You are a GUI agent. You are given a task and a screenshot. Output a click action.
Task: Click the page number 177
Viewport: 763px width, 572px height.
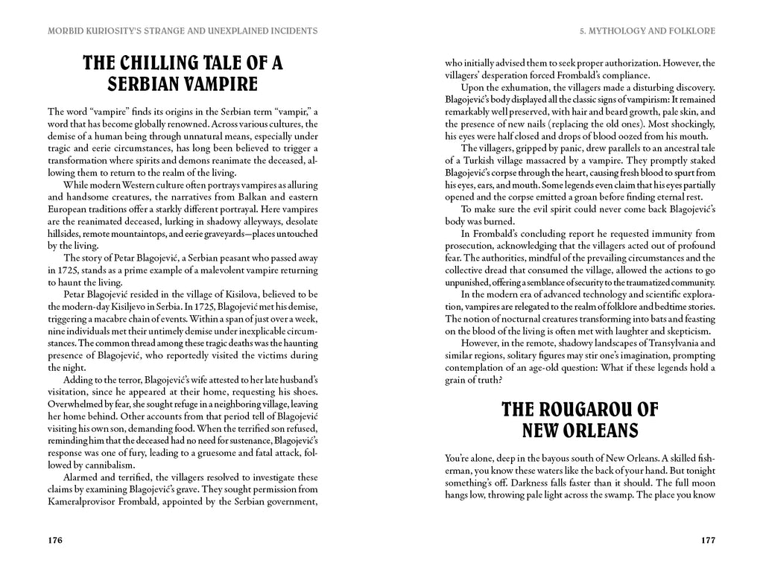click(708, 540)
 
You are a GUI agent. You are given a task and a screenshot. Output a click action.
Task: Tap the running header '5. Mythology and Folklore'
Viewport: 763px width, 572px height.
click(648, 31)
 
